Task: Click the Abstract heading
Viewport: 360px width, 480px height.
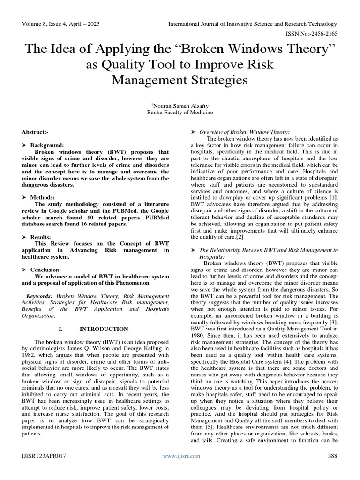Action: (35, 133)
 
